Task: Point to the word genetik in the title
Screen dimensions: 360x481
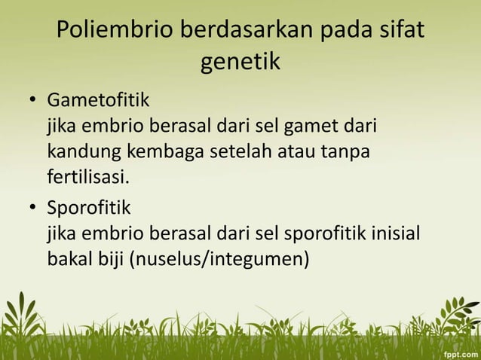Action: tap(240, 63)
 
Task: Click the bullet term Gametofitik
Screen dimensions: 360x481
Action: tap(99, 99)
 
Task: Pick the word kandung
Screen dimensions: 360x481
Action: tap(80, 152)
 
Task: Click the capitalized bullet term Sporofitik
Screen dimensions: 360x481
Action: tap(90, 206)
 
